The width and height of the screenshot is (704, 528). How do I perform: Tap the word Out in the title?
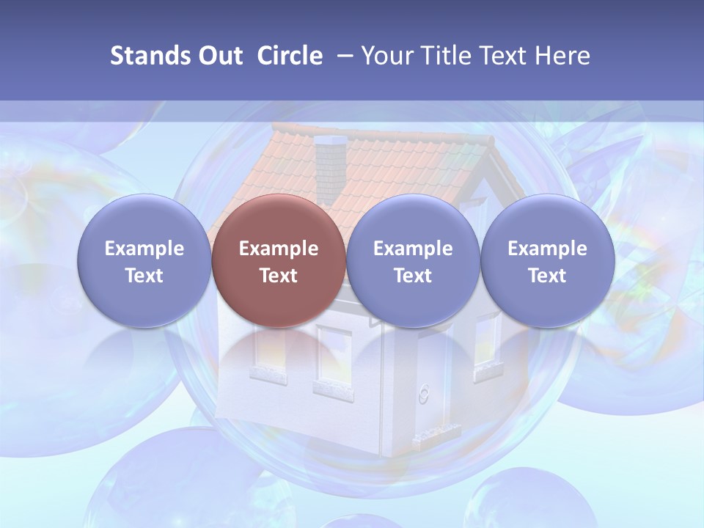tap(220, 56)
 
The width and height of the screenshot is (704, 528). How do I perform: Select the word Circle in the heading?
tap(290, 56)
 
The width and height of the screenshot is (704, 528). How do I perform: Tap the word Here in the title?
tap(561, 56)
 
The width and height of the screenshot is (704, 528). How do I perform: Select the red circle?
tap(278, 260)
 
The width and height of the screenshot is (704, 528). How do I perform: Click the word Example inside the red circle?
tap(278, 249)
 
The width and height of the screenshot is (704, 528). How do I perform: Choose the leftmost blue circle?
tap(144, 260)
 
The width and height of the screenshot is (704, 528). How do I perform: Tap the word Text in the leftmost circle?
tap(144, 276)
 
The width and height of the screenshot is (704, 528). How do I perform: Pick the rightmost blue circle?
tap(547, 260)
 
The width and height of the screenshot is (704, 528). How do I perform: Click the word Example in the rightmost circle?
tap(547, 249)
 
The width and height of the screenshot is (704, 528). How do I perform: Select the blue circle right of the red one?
tap(413, 260)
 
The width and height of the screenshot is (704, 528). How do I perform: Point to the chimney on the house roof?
tap(330, 161)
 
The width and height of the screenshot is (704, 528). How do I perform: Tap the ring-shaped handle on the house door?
tap(423, 395)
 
